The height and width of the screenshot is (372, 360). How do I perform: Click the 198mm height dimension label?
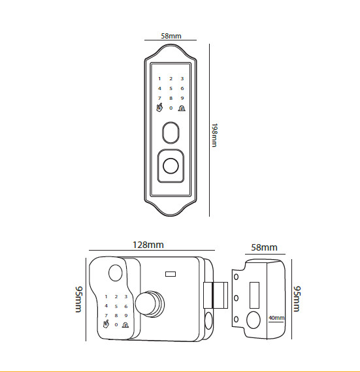point(214,135)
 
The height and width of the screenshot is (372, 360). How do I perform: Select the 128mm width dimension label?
point(148,245)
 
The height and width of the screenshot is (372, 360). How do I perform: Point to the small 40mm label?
point(276,318)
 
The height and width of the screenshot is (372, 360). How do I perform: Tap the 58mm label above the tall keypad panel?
point(171,36)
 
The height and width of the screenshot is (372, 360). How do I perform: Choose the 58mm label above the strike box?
point(264,247)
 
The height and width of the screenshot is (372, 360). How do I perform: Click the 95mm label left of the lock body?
point(78,300)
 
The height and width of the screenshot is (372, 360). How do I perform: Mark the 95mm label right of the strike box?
point(297,299)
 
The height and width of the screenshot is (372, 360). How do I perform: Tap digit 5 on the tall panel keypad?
point(171,89)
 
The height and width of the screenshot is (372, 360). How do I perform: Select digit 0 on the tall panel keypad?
point(171,108)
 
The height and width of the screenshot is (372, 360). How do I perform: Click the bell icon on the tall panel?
point(182,108)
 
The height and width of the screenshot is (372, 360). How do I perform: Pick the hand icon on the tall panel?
point(159,107)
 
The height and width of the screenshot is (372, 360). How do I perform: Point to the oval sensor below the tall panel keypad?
point(171,132)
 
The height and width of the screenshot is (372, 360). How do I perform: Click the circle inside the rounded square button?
point(171,166)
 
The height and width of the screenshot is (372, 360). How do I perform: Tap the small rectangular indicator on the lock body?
point(171,274)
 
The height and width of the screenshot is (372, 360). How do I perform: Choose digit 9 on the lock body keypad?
point(126,315)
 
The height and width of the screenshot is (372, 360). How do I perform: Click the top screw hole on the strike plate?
point(236,277)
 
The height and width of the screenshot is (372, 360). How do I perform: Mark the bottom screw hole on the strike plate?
point(236,319)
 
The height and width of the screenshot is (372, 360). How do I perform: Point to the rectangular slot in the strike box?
point(254,295)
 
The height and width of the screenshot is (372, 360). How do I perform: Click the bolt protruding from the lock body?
point(216,295)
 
